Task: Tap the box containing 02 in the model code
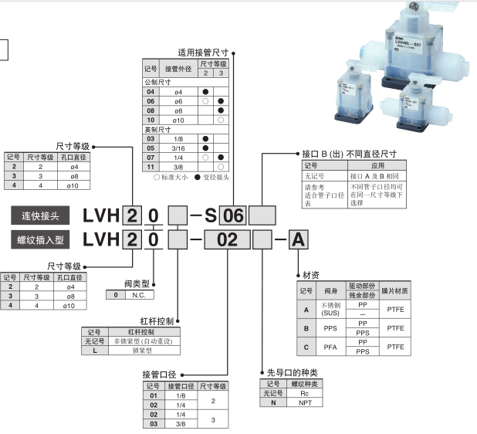click(227, 239)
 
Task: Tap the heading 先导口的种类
click(292, 373)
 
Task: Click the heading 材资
click(310, 275)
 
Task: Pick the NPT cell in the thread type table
click(293, 402)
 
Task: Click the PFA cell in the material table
click(330, 347)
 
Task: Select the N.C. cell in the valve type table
click(140, 295)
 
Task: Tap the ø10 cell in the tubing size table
click(178, 120)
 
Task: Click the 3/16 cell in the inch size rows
click(178, 147)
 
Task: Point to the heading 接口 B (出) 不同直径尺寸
click(350, 153)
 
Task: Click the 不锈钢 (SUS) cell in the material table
click(330, 309)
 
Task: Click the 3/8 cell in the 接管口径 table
click(181, 424)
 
